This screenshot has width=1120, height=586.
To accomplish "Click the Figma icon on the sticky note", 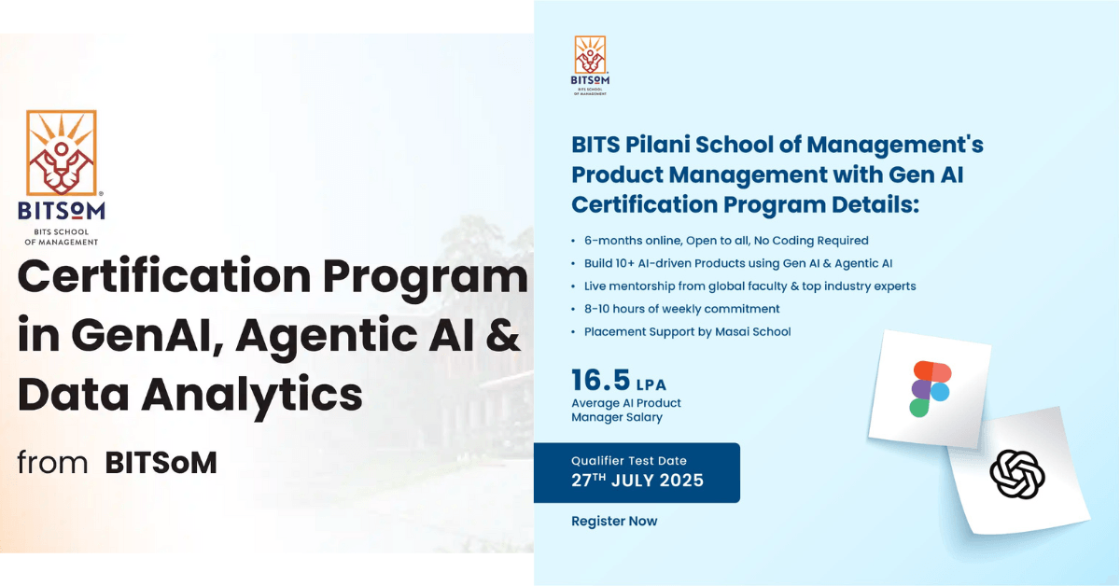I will [x=930, y=387].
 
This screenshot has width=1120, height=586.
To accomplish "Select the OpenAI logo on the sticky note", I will [x=1017, y=474].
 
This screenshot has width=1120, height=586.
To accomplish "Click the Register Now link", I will [x=614, y=522].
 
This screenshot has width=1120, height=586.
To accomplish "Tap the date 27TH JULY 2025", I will [x=637, y=481].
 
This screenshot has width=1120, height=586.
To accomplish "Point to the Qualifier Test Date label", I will [x=628, y=461].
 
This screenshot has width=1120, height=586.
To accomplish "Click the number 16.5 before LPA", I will [x=600, y=381].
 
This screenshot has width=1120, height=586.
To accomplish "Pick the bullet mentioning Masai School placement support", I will [x=687, y=332].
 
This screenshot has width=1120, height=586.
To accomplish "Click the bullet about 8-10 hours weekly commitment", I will [x=681, y=309].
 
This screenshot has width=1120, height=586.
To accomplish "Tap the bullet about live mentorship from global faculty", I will [x=749, y=286].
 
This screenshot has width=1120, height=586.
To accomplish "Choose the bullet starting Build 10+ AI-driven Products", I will [x=738, y=263].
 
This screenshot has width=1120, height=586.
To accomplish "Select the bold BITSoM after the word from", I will [x=161, y=462].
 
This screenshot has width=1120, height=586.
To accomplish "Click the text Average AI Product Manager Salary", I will [x=625, y=410].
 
